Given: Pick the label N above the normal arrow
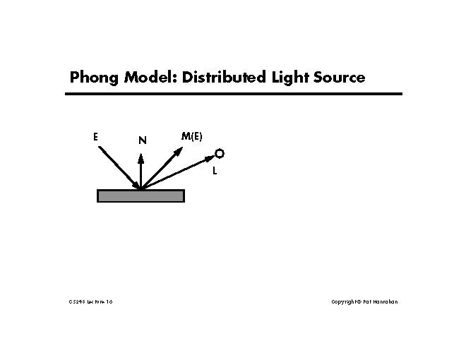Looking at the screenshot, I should [x=142, y=140].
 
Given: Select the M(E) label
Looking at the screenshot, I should [x=191, y=136].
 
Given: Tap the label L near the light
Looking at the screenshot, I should [x=215, y=170].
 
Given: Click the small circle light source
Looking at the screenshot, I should [x=220, y=153].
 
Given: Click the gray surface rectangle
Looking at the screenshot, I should [x=141, y=196].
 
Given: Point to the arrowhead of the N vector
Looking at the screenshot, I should [x=141, y=158].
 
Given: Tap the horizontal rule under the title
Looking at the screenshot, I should [x=233, y=94].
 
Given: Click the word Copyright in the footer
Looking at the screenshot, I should [x=344, y=302].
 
